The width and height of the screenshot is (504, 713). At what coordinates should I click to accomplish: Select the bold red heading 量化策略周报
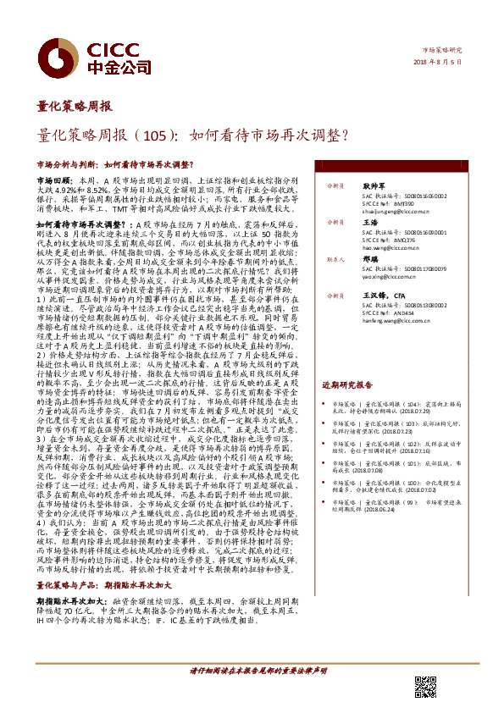(x=74, y=107)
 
